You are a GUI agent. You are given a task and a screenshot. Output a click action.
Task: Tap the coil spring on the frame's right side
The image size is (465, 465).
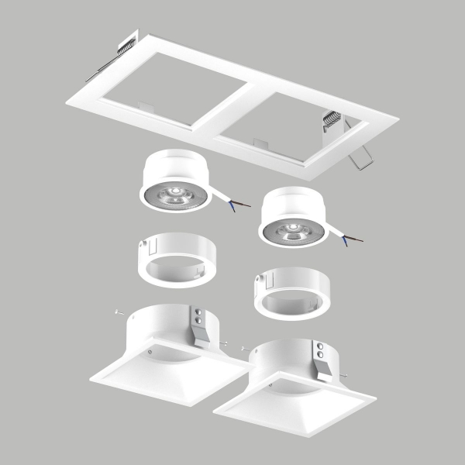[331, 119]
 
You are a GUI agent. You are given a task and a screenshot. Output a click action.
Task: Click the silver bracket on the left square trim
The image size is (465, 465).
[201, 325]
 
